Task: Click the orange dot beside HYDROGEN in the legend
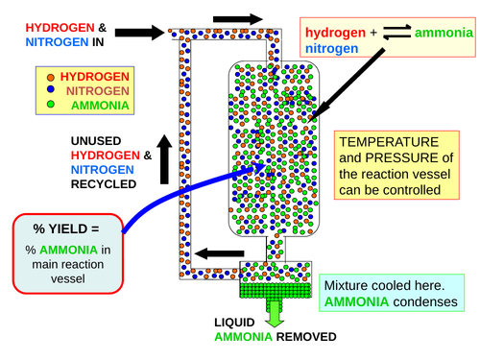51,76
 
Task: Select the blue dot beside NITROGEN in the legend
51,90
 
